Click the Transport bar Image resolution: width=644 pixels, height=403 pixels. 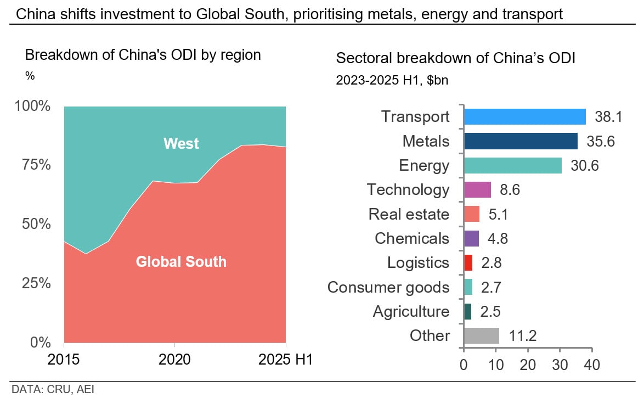[x=524, y=117]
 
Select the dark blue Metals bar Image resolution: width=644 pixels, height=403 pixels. [x=521, y=141]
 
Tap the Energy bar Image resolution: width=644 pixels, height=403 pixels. [x=512, y=165]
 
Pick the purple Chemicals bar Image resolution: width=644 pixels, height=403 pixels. [x=471, y=238]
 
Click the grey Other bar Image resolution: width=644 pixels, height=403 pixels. [x=482, y=335]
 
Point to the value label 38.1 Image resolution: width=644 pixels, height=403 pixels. [x=603, y=117]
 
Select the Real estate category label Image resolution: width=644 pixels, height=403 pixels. [x=409, y=214]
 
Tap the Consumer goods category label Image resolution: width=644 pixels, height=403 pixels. [x=388, y=287]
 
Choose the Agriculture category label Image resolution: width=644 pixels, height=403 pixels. [x=411, y=311]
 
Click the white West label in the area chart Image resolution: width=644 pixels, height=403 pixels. [x=181, y=144]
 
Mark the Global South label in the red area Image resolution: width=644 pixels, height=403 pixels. [x=181, y=261]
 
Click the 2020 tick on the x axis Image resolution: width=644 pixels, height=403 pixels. [x=174, y=360]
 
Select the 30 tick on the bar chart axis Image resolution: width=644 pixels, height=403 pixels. [x=560, y=364]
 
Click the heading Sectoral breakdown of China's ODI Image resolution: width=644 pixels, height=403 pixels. [x=455, y=59]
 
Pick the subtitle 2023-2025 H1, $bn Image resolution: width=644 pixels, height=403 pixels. [x=392, y=80]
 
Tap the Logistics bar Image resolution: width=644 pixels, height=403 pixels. [x=468, y=262]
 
